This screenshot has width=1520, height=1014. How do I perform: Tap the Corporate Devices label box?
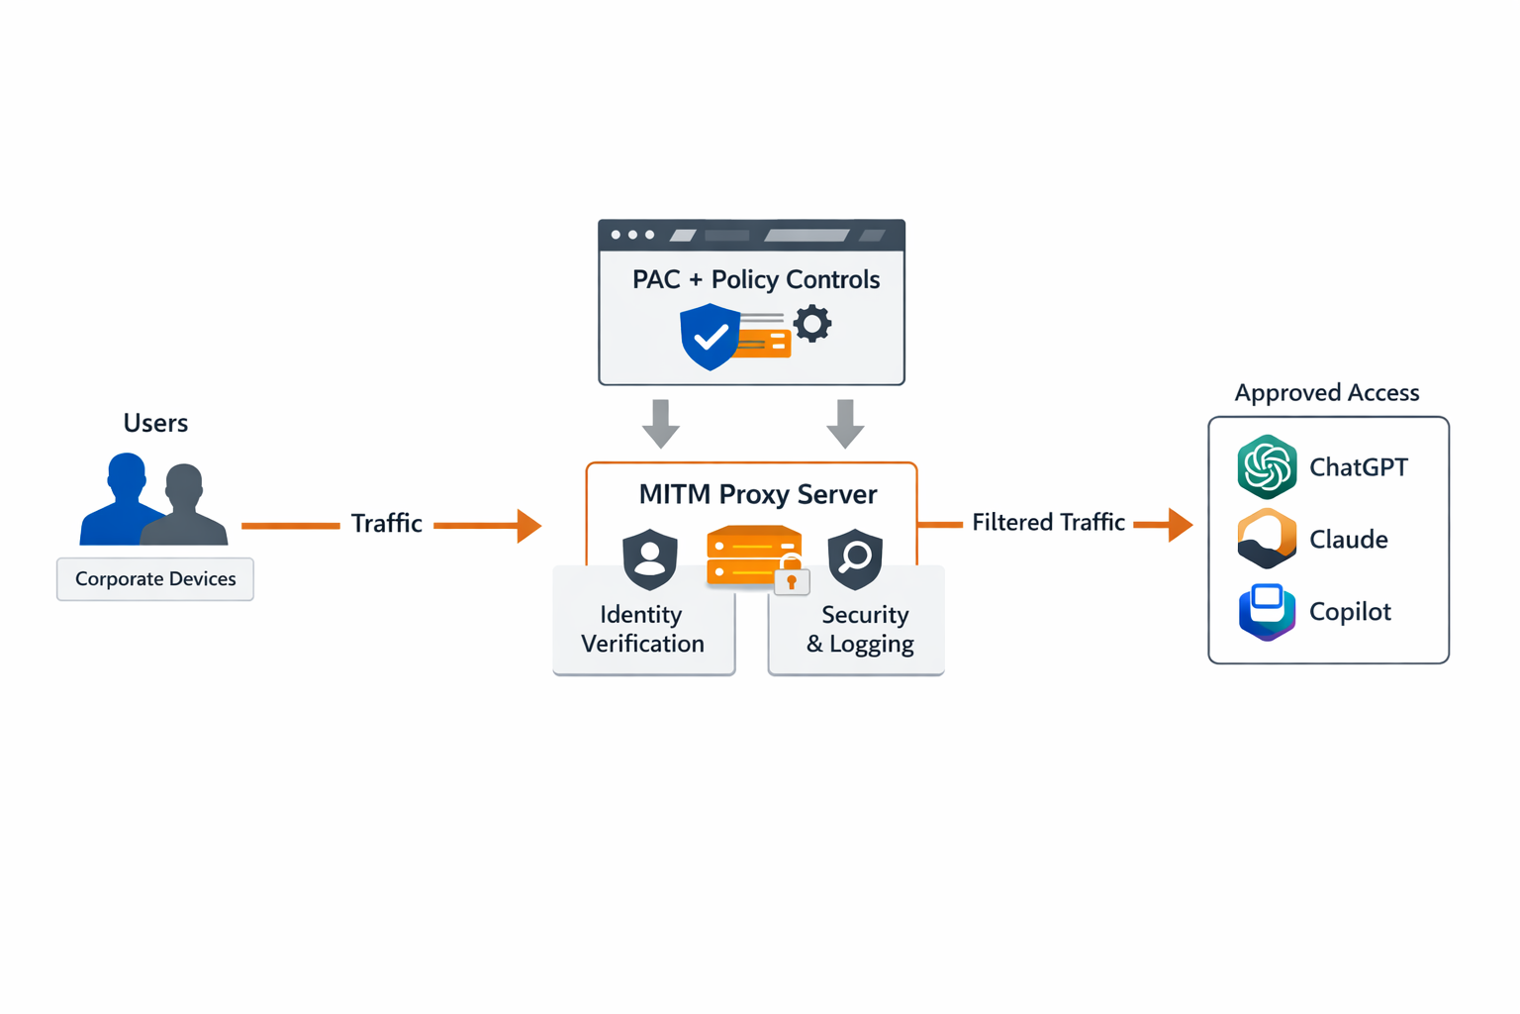(x=155, y=579)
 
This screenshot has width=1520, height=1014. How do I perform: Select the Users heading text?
(x=155, y=423)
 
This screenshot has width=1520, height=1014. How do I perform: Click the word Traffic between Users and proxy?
(x=386, y=524)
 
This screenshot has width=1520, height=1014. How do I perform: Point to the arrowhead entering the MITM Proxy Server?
(x=528, y=525)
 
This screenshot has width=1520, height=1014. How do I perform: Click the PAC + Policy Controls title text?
(x=755, y=279)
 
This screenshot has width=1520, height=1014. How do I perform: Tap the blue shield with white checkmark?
(x=710, y=337)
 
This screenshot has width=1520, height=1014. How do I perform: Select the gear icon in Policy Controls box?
(x=812, y=324)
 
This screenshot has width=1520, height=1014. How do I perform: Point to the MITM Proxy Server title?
(x=757, y=494)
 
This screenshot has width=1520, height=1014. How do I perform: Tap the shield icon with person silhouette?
(x=650, y=558)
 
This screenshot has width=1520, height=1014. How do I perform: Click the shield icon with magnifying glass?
(x=855, y=558)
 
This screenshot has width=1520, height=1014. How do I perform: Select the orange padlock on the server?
(x=792, y=580)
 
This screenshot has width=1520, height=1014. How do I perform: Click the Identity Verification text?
(x=642, y=629)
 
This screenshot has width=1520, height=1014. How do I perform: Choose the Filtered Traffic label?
(x=1048, y=523)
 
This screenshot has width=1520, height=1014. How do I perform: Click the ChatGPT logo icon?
(x=1267, y=466)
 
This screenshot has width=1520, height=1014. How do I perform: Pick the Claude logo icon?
(x=1267, y=539)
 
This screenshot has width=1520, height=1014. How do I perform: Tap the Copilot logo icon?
(x=1267, y=611)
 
